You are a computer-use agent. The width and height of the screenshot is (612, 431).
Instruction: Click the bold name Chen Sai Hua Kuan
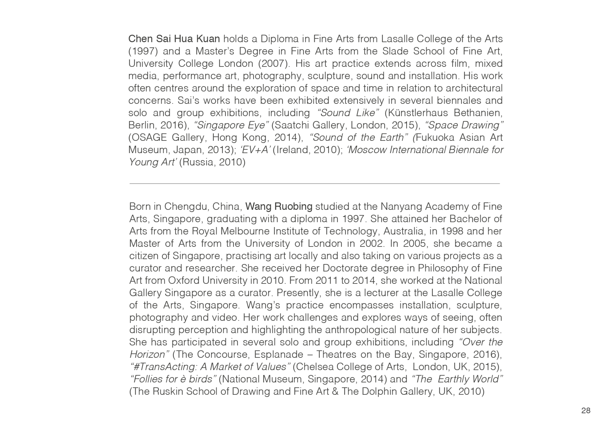pos(174,39)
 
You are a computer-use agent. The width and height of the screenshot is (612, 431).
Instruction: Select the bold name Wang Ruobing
pos(279,206)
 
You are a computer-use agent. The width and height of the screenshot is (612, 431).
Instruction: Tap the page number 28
pos(586,411)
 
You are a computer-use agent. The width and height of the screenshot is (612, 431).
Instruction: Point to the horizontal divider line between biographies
pos(315,183)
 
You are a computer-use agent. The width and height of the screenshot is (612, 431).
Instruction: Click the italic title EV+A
pos(255,150)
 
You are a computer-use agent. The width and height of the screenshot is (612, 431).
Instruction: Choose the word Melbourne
pos(245,231)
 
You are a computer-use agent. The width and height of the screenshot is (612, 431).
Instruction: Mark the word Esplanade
pos(278,355)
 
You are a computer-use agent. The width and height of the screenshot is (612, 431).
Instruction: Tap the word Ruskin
pos(168,392)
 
